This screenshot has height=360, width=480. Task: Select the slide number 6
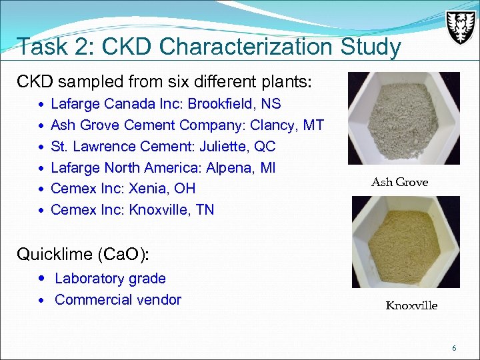(x=454, y=348)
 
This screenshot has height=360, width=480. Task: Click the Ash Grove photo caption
(x=399, y=182)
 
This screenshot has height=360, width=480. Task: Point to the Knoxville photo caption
(x=411, y=306)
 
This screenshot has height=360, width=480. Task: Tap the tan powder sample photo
(x=405, y=241)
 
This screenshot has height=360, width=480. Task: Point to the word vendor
(x=158, y=300)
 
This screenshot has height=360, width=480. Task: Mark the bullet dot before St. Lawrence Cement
(x=41, y=147)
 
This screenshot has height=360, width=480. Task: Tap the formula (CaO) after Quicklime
(x=128, y=254)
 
